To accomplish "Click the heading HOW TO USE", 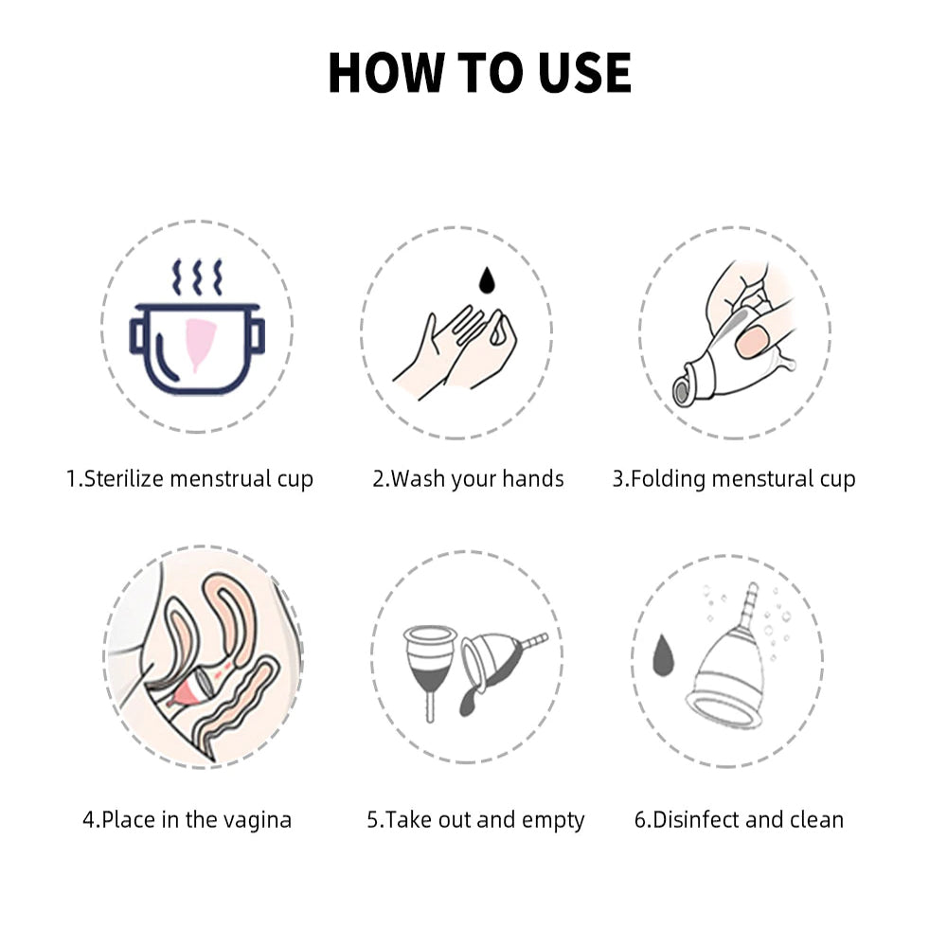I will (x=479, y=73).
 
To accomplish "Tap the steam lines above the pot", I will (x=197, y=277).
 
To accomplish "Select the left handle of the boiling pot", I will (x=139, y=335).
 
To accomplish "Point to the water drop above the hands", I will (x=486, y=279).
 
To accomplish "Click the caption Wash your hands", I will (x=468, y=479).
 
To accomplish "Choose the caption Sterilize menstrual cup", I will (x=189, y=479).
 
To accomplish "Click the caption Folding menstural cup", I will (x=734, y=479).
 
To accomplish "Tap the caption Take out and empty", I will (x=475, y=819).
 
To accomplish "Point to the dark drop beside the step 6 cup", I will (x=664, y=654).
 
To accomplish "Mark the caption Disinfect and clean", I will (x=739, y=819).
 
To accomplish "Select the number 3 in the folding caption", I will (x=618, y=479).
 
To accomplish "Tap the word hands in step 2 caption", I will (x=533, y=479).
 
